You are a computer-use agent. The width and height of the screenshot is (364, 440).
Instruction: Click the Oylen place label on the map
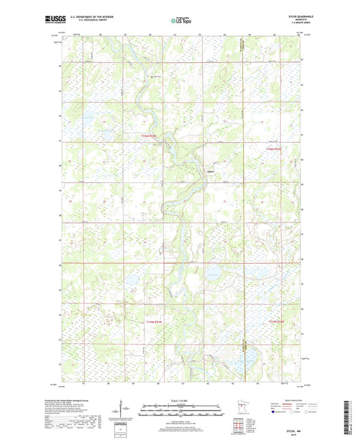point(210,171)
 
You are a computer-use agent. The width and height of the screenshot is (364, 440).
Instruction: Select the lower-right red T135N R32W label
point(281,321)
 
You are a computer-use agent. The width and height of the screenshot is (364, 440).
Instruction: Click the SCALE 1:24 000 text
point(181,400)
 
